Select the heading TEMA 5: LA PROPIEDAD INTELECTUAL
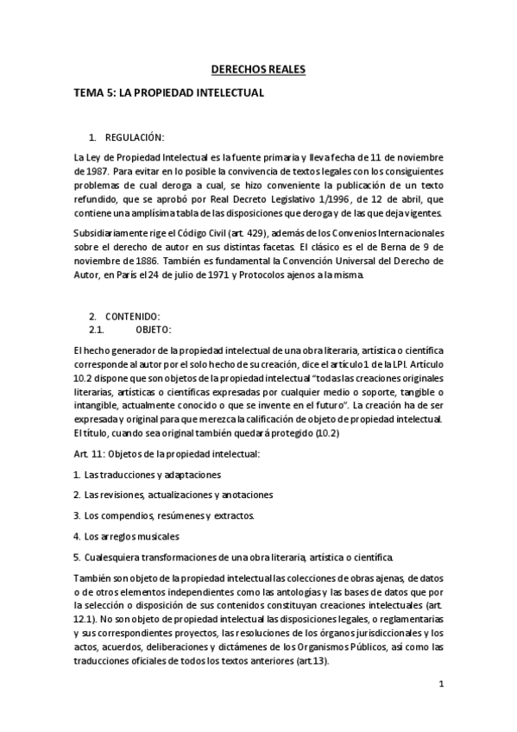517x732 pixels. point(169,91)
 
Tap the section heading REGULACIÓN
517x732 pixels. point(134,137)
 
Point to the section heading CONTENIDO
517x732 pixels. point(132,317)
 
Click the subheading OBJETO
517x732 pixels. point(154,330)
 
